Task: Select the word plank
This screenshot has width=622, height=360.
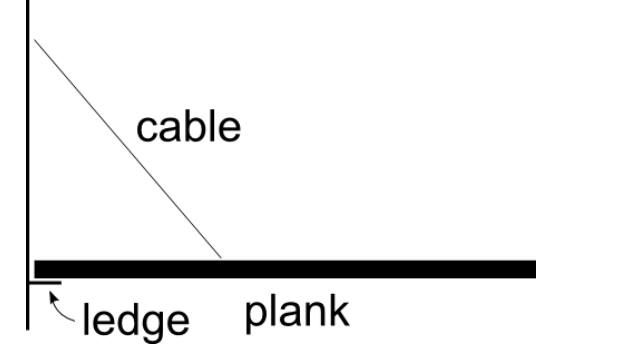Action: [298, 314]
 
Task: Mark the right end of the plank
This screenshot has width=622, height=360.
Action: [532, 269]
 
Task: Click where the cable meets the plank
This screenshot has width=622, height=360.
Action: [221, 259]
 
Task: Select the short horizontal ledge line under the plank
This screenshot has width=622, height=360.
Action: [45, 283]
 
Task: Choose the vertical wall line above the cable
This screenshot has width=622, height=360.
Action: [28, 18]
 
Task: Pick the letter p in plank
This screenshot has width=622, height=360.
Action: [257, 318]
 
